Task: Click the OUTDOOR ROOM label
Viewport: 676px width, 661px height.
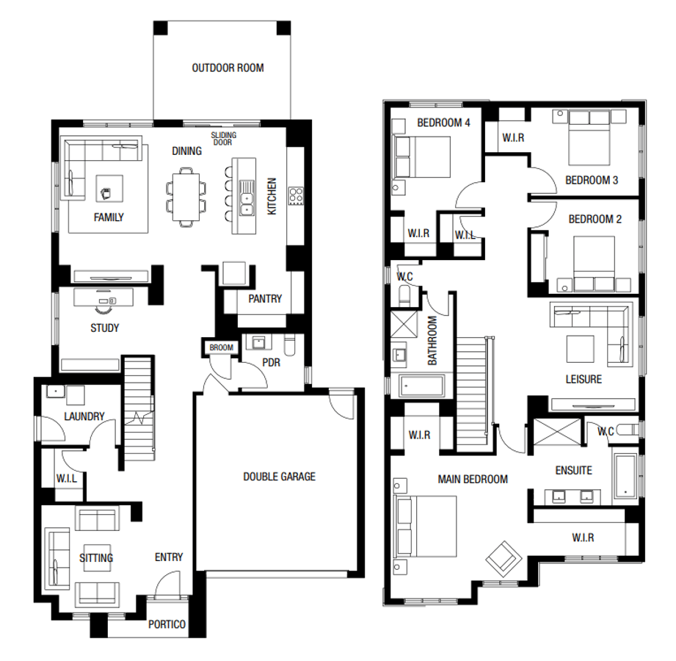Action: (228, 68)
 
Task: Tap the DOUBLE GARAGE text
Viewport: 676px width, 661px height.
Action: (280, 477)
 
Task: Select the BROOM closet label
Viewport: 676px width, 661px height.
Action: (221, 347)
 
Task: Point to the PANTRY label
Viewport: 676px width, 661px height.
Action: (265, 299)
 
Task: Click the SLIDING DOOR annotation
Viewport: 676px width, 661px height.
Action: (223, 139)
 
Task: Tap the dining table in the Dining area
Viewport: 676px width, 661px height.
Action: (186, 197)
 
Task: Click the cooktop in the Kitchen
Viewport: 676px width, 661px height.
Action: (296, 196)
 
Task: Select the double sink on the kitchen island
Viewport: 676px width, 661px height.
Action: (246, 198)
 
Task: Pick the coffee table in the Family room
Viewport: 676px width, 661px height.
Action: (109, 189)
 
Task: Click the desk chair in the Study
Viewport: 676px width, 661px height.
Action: (103, 310)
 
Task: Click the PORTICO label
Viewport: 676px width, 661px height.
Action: (167, 624)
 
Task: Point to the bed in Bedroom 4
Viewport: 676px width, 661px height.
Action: (421, 156)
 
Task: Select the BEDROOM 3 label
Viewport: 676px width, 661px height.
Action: (592, 180)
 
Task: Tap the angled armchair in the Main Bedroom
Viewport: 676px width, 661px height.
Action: (504, 559)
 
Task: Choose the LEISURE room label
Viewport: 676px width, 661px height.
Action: (584, 379)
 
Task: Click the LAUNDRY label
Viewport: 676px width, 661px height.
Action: (84, 416)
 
